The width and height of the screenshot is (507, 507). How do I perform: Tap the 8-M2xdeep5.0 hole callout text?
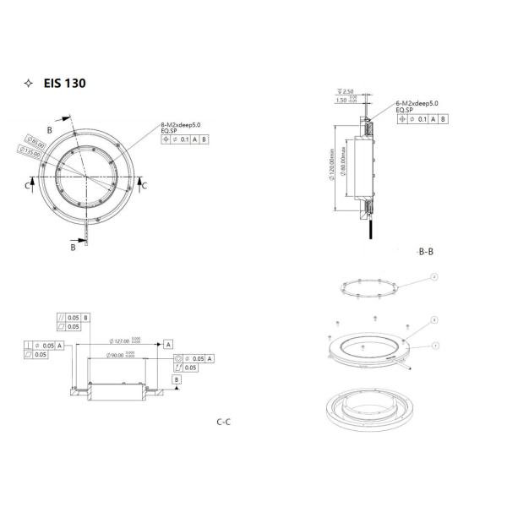(182, 123)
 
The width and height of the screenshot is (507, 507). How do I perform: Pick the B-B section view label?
(427, 252)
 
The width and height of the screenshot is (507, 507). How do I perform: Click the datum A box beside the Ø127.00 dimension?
(168, 345)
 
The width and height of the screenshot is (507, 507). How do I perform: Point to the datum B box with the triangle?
(176, 380)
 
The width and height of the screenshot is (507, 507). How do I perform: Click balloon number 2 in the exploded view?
(433, 276)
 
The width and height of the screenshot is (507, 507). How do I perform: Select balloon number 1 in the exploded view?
(434, 345)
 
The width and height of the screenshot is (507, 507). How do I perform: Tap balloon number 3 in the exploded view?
(433, 320)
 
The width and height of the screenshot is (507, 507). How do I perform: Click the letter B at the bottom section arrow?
(74, 248)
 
